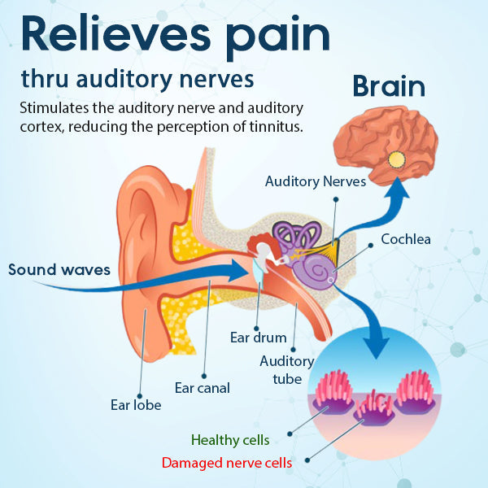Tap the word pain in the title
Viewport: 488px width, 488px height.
[283, 37]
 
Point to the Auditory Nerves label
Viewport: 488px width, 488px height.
[316, 181]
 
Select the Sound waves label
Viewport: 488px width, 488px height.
[59, 269]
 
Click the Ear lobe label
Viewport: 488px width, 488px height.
[136, 404]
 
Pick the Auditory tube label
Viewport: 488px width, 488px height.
[286, 369]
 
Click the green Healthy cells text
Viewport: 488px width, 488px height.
[231, 440]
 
